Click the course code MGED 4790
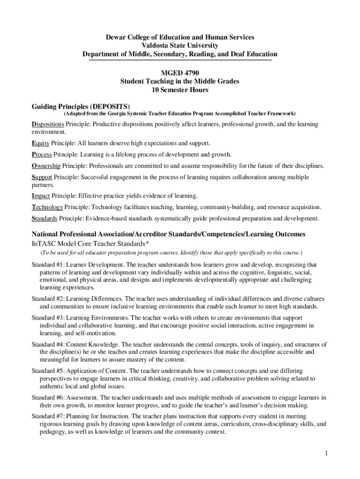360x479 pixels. [x=180, y=73]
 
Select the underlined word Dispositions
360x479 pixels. [x=48, y=124]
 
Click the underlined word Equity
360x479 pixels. [x=41, y=143]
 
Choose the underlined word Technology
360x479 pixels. [x=47, y=207]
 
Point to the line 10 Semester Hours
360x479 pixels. [x=180, y=90]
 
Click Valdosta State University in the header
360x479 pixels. [x=180, y=45]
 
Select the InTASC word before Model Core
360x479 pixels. [x=43, y=243]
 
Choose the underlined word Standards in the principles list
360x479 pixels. [x=45, y=218]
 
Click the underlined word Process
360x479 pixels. [x=42, y=154]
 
